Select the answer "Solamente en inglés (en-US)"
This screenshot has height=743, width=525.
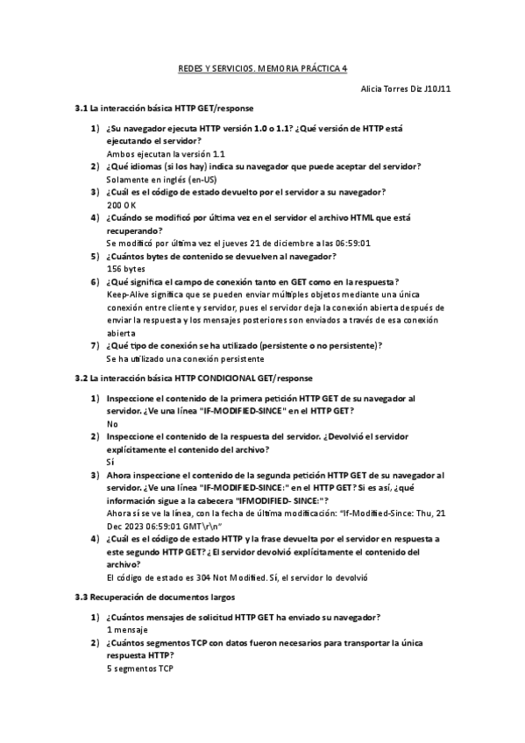pyautogui.click(x=162, y=179)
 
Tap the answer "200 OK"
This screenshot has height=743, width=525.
pyautogui.click(x=121, y=204)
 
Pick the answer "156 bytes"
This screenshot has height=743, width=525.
pyautogui.click(x=126, y=269)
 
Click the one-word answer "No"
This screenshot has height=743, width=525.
pyautogui.click(x=111, y=422)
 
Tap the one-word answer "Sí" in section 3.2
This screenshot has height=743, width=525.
pyautogui.click(x=110, y=461)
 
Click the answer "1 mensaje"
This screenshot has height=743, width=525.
pyautogui.click(x=127, y=629)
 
